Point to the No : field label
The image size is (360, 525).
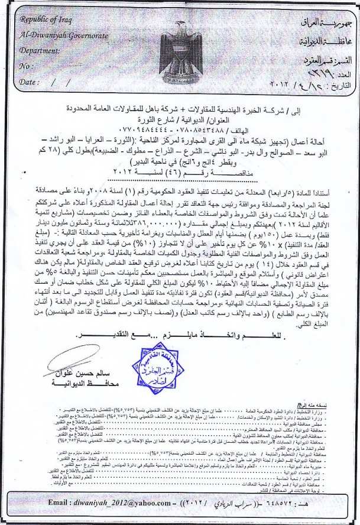click(26, 67)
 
